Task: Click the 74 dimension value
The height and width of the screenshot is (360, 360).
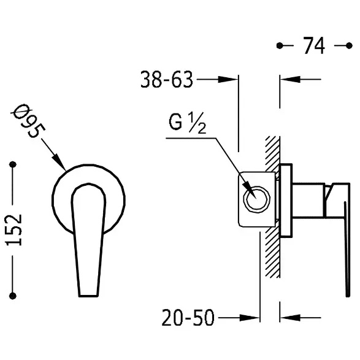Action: tap(314, 45)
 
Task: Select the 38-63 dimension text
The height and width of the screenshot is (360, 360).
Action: tap(166, 80)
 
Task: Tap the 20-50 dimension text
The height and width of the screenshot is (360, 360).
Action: tap(188, 318)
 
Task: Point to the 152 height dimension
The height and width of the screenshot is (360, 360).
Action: tap(13, 230)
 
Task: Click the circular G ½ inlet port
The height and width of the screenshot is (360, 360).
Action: tap(257, 199)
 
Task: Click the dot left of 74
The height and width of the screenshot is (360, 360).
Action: tap(280, 45)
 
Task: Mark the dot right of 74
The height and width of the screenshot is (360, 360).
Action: tap(349, 45)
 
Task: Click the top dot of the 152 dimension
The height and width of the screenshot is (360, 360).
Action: tap(13, 164)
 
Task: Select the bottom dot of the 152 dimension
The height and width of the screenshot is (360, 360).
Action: tap(13, 296)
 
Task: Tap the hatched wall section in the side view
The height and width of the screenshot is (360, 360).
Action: tap(273, 207)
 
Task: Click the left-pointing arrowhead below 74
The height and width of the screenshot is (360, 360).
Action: tap(290, 80)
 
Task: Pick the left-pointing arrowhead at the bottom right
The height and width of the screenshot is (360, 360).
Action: tap(290, 318)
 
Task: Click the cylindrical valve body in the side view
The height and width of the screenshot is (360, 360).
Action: tap(309, 200)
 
